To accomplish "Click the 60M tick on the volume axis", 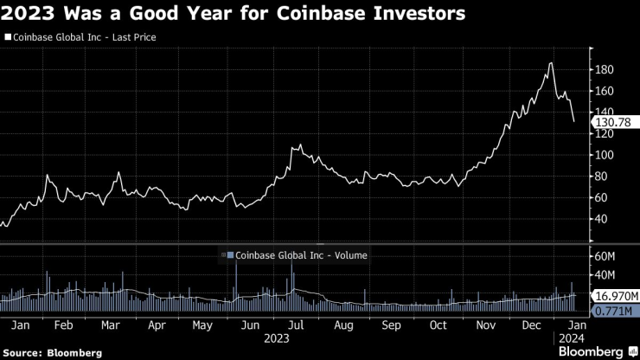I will coord(603,257).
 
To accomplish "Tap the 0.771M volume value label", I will coord(613,310).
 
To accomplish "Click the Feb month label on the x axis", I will coord(63,325).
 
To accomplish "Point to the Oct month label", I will coord(438,325).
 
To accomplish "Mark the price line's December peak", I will coord(551,63).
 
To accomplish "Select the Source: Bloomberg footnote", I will coord(54,352).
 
